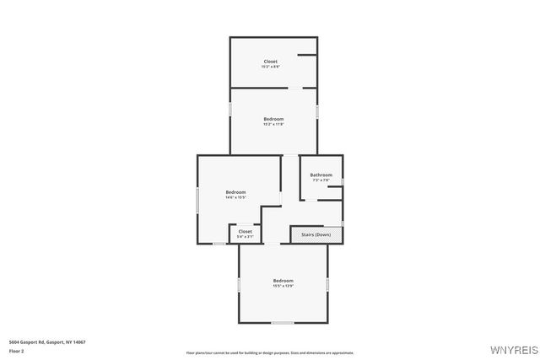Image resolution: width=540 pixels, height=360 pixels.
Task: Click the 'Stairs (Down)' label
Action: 317,234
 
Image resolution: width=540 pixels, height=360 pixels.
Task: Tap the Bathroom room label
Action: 321,175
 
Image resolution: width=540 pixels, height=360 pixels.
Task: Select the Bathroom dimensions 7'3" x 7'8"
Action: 321,180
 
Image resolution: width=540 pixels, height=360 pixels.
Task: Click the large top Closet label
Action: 270,61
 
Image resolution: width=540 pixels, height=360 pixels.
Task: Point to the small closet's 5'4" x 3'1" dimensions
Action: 245,237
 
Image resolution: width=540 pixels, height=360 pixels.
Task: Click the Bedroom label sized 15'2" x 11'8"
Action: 273,119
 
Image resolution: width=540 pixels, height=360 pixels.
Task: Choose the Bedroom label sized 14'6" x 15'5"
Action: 235,192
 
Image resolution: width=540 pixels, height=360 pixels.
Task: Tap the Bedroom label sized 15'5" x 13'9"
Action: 283,280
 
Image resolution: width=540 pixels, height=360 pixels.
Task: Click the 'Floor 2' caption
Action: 16,349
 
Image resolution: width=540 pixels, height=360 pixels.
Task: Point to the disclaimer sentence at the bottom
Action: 270,352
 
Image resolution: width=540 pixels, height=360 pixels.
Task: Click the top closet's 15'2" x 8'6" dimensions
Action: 270,67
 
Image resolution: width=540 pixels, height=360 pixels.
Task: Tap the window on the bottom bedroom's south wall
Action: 282,322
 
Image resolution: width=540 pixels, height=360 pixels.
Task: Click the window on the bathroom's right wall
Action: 343,181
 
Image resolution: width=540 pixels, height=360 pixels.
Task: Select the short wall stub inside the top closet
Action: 307,56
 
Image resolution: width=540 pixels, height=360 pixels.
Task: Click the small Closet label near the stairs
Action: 245,231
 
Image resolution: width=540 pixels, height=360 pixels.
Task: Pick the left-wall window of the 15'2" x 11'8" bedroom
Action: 230,109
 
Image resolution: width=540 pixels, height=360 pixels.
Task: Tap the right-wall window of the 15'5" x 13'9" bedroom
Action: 327,284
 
